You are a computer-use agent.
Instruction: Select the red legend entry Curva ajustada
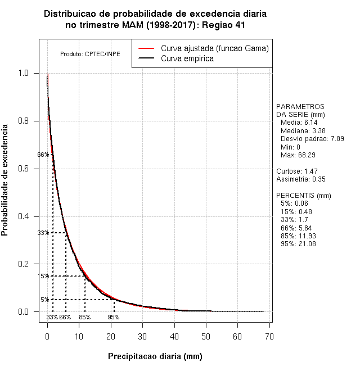(x=214, y=48)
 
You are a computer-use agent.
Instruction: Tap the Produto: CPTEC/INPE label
(x=90, y=54)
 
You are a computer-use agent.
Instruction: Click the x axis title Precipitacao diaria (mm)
(x=155, y=356)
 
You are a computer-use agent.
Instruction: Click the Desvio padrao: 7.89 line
(x=312, y=138)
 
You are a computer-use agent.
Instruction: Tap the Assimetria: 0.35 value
(x=301, y=179)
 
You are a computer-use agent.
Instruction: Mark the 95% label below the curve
(x=114, y=317)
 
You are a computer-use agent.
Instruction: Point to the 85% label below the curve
(x=85, y=317)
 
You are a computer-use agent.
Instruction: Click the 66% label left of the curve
(x=43, y=155)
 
